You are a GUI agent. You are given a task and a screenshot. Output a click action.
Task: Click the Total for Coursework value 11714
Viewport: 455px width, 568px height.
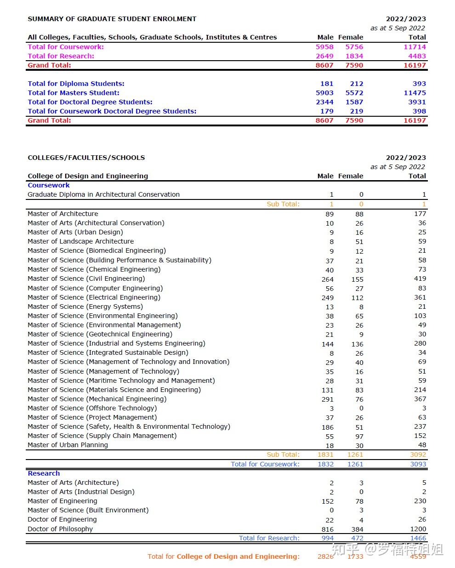[x=415, y=47]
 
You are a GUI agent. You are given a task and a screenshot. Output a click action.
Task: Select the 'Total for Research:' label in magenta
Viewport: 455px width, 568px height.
[x=61, y=56]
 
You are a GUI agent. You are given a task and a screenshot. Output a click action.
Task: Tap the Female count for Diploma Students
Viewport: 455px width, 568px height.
[x=356, y=84]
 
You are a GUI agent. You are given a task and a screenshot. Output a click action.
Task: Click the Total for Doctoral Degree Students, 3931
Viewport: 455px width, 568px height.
[x=417, y=102]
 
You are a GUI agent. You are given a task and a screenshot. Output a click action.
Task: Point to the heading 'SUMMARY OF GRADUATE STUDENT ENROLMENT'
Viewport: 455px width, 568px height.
[x=112, y=19]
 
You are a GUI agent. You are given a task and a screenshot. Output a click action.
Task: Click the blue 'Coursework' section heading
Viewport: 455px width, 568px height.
[x=49, y=185]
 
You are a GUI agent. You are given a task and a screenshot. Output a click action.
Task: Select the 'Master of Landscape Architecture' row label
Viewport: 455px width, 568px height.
[x=80, y=241]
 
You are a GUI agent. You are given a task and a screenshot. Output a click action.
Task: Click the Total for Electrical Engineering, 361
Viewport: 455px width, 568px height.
[x=420, y=297]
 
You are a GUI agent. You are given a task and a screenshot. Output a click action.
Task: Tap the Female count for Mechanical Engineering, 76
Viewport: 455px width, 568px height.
[x=359, y=399]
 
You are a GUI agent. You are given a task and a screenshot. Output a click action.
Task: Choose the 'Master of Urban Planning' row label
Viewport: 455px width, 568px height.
[x=68, y=445]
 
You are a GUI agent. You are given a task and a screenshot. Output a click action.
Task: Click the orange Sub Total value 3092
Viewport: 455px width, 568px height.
[x=418, y=454]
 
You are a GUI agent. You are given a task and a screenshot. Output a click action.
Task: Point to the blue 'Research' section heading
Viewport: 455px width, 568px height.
[x=44, y=473]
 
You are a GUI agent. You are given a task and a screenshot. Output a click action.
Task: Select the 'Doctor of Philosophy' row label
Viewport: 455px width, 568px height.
[x=60, y=529]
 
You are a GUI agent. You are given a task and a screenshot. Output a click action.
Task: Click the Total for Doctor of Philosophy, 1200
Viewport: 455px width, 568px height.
[x=418, y=529]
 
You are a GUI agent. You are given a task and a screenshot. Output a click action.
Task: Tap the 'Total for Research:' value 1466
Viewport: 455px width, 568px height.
[x=418, y=538]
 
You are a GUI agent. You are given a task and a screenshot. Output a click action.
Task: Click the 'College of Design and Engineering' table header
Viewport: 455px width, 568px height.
[x=88, y=176]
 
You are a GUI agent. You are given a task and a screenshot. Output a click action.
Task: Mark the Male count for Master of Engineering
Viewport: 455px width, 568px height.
[x=327, y=501]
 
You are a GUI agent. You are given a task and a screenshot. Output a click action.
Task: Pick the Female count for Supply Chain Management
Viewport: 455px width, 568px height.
[x=359, y=436]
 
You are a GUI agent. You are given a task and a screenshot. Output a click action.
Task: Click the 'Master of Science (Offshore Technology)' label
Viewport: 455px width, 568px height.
[x=92, y=408]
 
